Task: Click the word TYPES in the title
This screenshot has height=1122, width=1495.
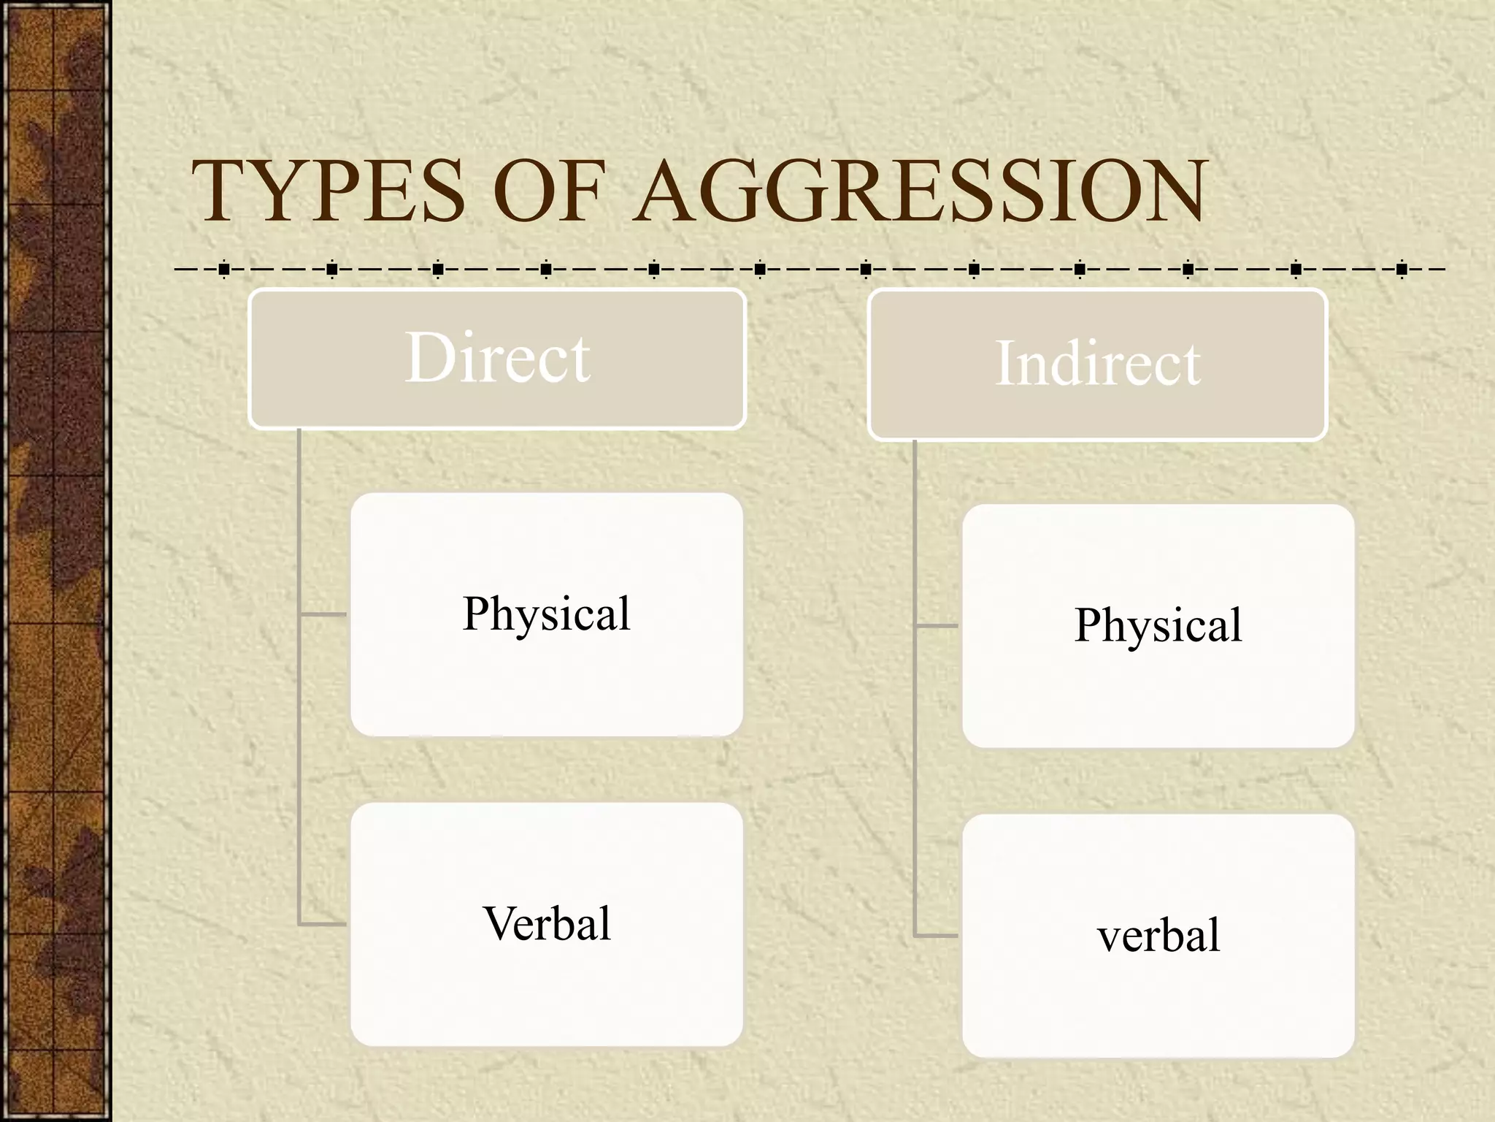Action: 328,191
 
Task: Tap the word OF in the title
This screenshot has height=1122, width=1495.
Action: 553,191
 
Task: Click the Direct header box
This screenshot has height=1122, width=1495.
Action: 497,358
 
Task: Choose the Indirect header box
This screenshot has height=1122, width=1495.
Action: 1097,365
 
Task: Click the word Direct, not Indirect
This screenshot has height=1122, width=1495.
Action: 497,358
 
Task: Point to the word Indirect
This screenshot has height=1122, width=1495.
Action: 1097,364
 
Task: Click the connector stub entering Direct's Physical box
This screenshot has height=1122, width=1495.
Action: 324,614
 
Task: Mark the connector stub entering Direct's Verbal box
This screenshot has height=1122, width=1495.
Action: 324,925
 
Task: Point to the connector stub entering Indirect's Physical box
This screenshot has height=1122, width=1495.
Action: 937,626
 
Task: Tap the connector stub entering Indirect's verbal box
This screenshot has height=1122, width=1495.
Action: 937,936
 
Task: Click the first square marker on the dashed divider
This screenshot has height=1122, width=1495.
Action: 224,270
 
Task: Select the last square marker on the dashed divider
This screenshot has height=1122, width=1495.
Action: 1402,270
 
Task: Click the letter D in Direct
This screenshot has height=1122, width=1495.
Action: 430,358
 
